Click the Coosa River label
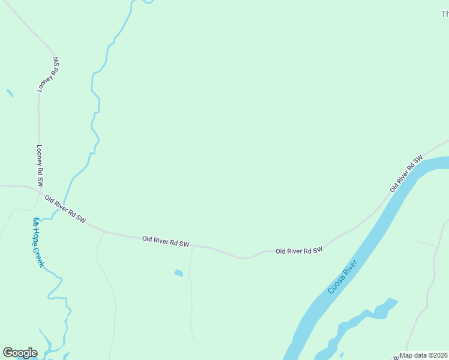(x=343, y=277)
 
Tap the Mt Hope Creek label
(x=38, y=242)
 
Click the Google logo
(x=20, y=353)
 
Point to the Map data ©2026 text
(x=424, y=355)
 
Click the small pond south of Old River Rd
(x=178, y=274)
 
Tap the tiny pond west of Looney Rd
(x=10, y=93)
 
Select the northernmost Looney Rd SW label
(x=49, y=74)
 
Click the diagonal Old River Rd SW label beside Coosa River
(x=406, y=173)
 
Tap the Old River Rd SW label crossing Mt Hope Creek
(x=65, y=210)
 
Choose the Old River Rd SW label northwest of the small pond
(x=166, y=242)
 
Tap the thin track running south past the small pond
(x=191, y=300)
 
